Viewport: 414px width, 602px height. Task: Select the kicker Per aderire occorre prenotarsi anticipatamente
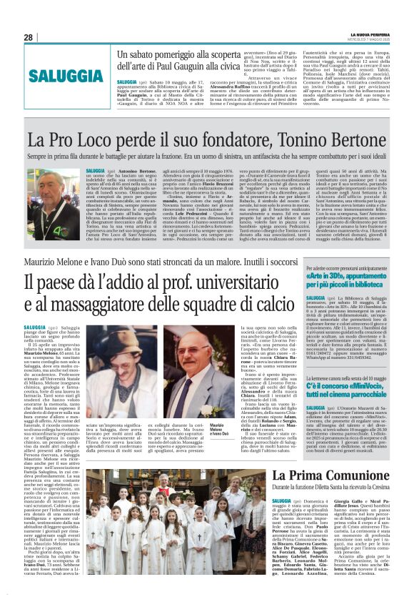click(x=345, y=265)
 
